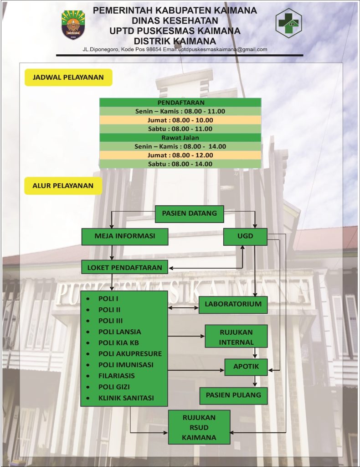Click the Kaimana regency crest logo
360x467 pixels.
73,25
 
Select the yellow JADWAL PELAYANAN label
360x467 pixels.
68,78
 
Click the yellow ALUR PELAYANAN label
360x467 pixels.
63,186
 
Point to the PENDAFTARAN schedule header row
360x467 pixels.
180,103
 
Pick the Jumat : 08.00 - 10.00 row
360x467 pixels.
180,120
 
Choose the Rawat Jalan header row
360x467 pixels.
180,138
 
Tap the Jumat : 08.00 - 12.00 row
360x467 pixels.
180,155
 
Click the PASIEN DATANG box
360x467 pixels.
190,213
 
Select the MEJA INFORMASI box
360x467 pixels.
125,237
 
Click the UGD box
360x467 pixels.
246,237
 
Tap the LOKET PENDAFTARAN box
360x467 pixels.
125,267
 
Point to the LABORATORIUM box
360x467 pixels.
233,305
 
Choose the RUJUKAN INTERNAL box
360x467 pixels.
236,337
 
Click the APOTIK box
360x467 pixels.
246,367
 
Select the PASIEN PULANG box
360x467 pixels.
234,395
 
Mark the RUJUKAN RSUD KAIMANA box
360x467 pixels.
199,427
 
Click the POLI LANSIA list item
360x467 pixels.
119,332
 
